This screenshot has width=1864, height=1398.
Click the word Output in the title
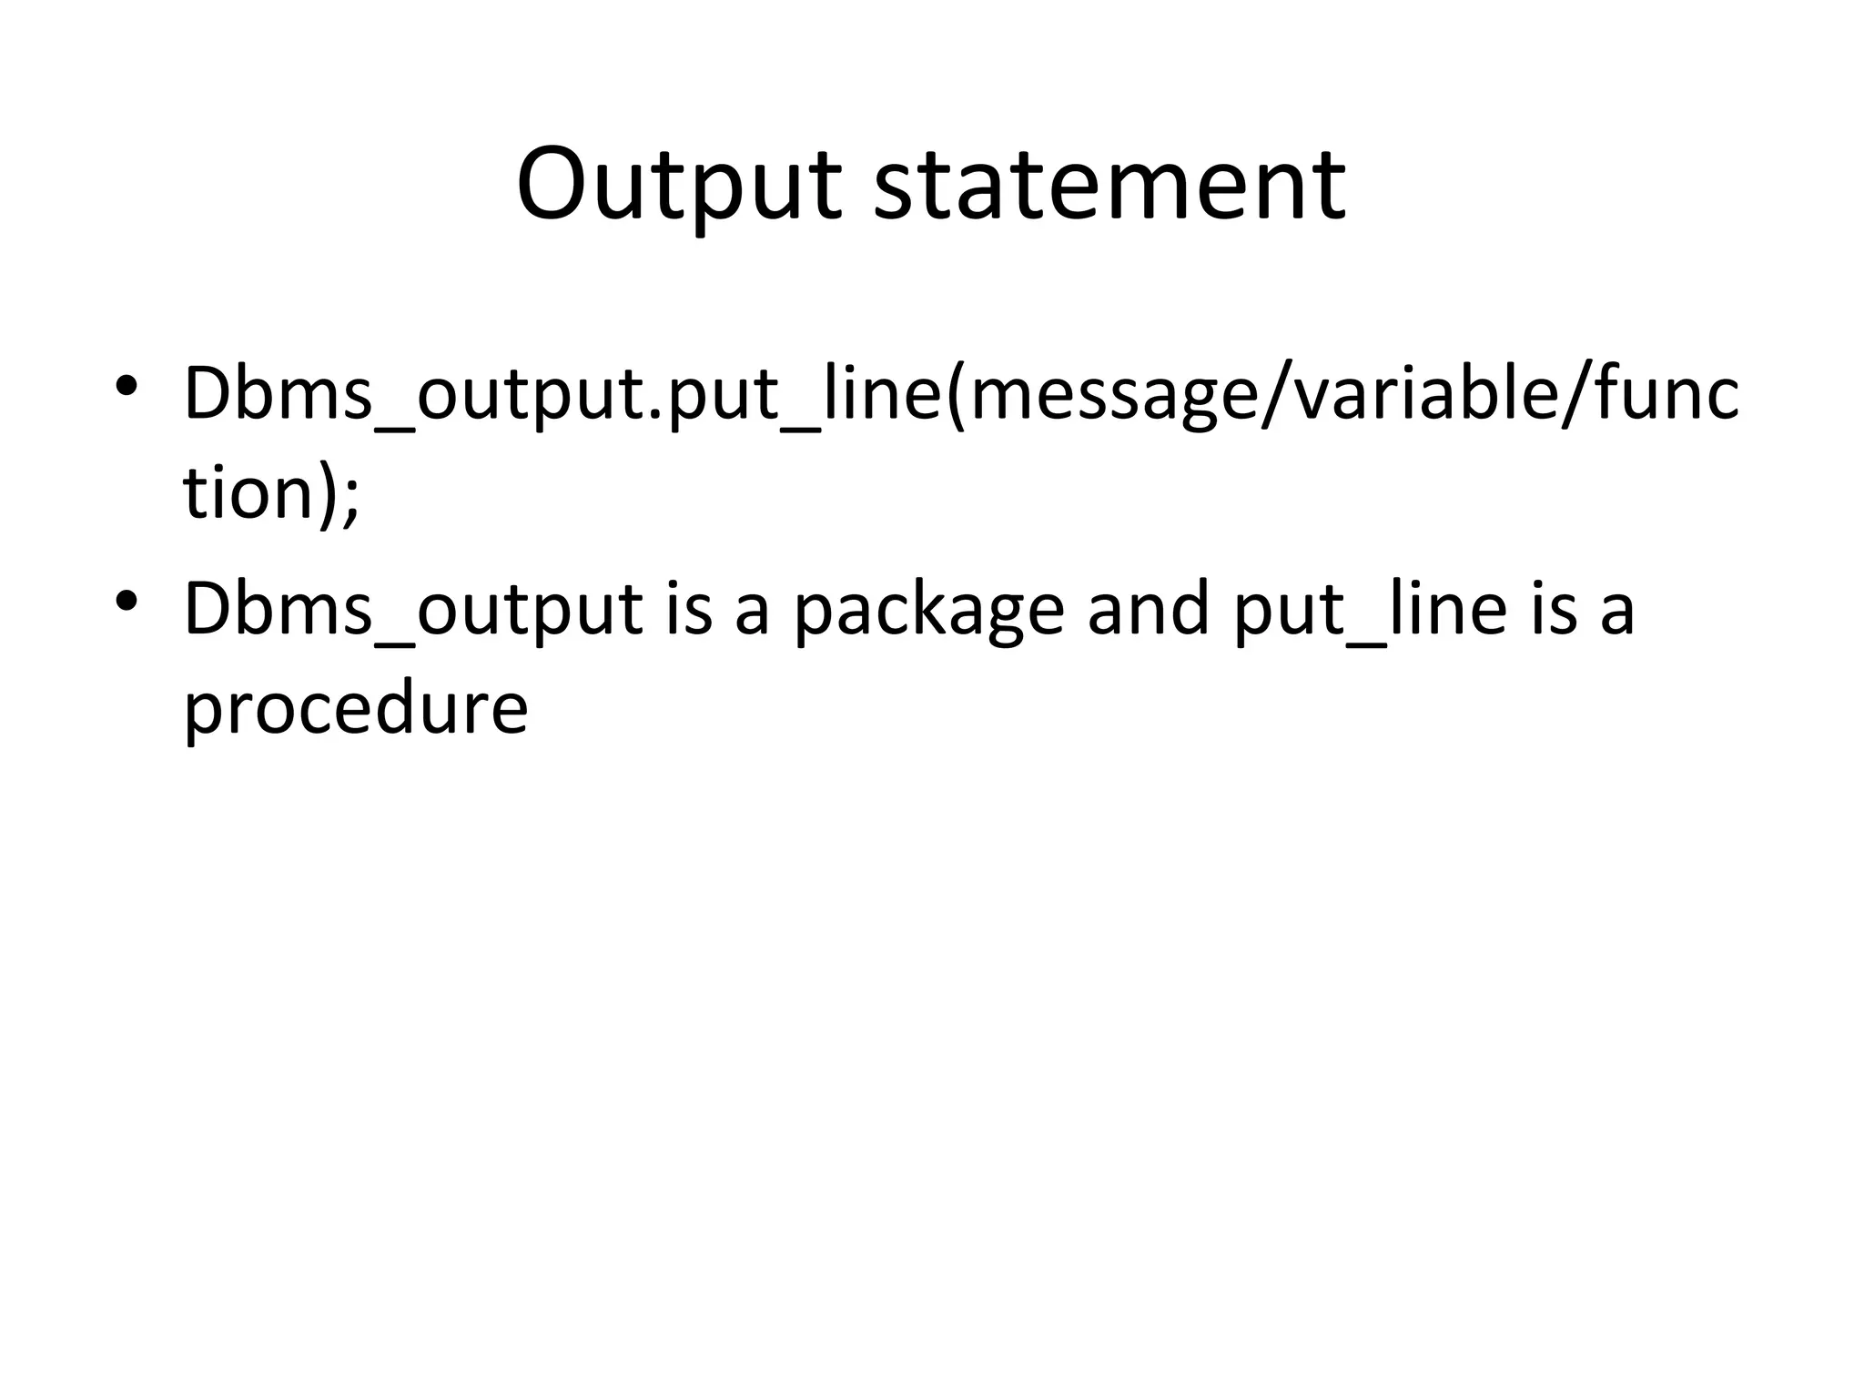pyautogui.click(x=678, y=185)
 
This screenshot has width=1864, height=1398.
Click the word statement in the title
pyautogui.click(x=1109, y=185)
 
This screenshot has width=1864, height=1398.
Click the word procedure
pyautogui.click(x=355, y=709)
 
